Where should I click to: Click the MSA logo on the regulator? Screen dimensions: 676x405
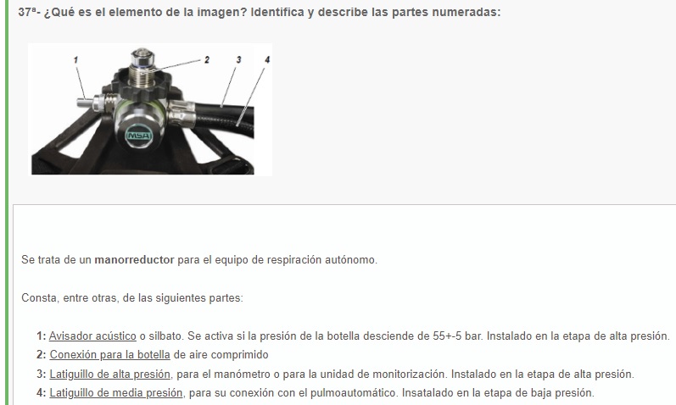[x=139, y=136]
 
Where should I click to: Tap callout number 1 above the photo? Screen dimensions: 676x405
[x=75, y=60]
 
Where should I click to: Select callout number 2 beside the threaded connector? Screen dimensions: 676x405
[x=207, y=60]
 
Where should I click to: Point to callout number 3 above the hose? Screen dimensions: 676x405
[x=238, y=60]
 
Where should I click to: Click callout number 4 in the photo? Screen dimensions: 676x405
[x=267, y=60]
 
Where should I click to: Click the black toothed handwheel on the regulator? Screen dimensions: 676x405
[x=142, y=86]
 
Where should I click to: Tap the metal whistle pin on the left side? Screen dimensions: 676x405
[x=87, y=103]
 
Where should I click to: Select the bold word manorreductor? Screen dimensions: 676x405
[x=134, y=260]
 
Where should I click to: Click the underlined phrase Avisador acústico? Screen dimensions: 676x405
[x=92, y=336]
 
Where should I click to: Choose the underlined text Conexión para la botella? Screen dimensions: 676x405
[x=110, y=355]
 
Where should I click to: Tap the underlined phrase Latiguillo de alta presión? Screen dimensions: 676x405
[x=110, y=374]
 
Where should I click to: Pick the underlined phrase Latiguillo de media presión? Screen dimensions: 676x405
[x=116, y=393]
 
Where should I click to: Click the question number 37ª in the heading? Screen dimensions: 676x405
[x=27, y=12]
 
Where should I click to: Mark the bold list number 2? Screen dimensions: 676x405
[x=42, y=355]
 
